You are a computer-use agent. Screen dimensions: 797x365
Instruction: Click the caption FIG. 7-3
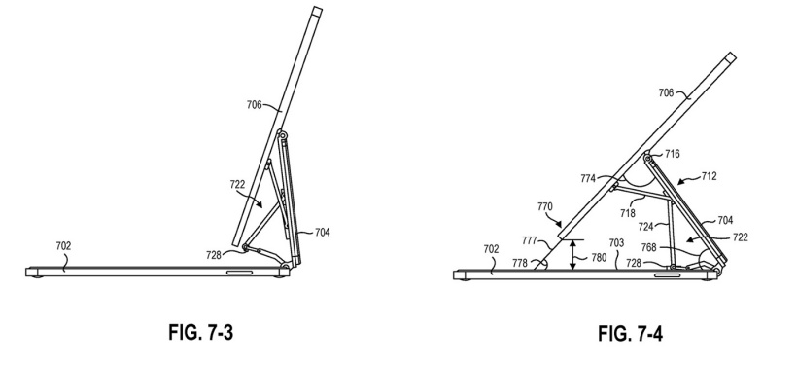[x=200, y=333]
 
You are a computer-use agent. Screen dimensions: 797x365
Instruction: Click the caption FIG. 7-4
[x=630, y=335]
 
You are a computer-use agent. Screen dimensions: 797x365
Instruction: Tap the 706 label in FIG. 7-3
[x=254, y=105]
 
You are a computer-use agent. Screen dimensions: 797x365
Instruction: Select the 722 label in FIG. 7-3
[x=237, y=185]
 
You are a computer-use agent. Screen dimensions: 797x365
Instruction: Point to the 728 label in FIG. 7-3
[x=214, y=255]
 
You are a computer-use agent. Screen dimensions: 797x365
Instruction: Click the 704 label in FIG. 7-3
[x=323, y=232]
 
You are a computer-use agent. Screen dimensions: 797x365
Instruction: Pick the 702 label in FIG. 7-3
[x=63, y=246]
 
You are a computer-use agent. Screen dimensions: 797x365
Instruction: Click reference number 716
[x=672, y=154]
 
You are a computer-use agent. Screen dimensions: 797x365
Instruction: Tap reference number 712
[x=710, y=176]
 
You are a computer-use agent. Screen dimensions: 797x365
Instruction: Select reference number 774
[x=589, y=178]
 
